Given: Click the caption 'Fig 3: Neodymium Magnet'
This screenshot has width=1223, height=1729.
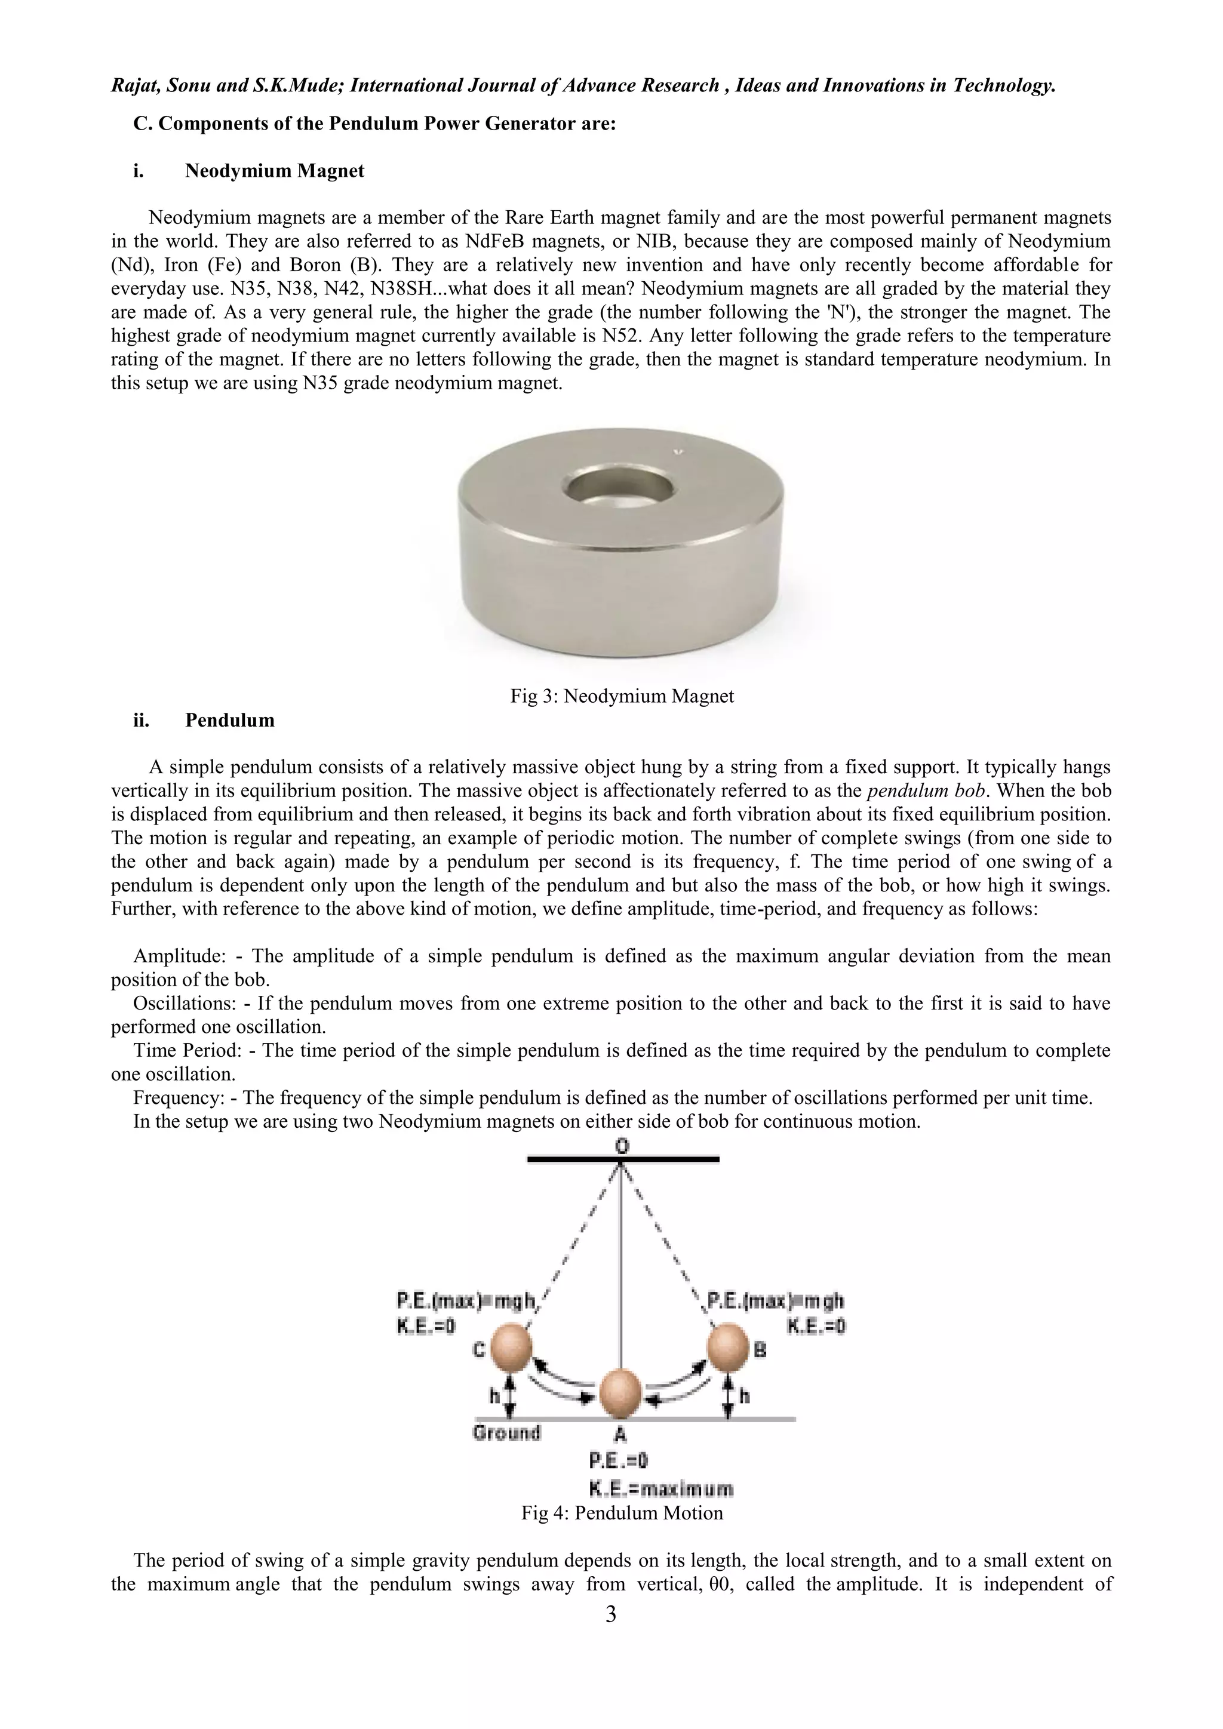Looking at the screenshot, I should (x=622, y=696).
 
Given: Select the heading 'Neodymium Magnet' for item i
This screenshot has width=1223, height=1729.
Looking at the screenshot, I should (x=274, y=171).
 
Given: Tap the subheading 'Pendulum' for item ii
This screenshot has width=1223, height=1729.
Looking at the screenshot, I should (x=230, y=720).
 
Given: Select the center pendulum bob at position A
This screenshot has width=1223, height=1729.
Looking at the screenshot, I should (x=620, y=1393).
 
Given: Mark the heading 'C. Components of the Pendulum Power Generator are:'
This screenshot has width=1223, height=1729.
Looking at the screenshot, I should (x=374, y=124).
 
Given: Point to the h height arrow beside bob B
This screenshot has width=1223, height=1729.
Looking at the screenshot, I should (x=729, y=1397).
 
